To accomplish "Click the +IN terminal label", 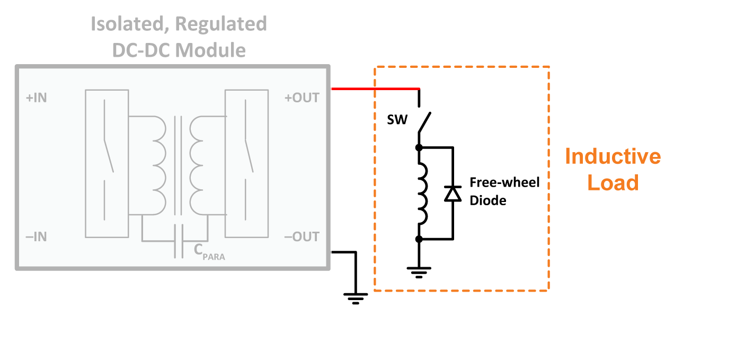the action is [x=37, y=98].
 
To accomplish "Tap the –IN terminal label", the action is [x=36, y=236].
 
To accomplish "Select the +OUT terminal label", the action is [x=302, y=98].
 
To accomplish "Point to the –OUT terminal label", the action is [x=302, y=236].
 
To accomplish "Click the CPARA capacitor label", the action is [x=209, y=251].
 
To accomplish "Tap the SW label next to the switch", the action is [x=397, y=120].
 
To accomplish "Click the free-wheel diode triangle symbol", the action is [x=453, y=194].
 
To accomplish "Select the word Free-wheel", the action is [x=504, y=182].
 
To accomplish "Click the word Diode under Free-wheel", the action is [x=488, y=200].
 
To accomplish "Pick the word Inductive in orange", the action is [x=613, y=156].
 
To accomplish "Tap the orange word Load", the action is [x=613, y=182].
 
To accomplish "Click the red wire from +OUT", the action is [x=375, y=89].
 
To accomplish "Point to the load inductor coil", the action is [x=422, y=194].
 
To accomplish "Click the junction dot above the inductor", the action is [x=419, y=147].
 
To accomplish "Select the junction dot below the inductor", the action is [x=419, y=239].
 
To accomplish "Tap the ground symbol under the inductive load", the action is [x=419, y=273].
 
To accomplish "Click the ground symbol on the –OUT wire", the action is [x=356, y=298].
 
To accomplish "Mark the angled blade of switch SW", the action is [x=424, y=122].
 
